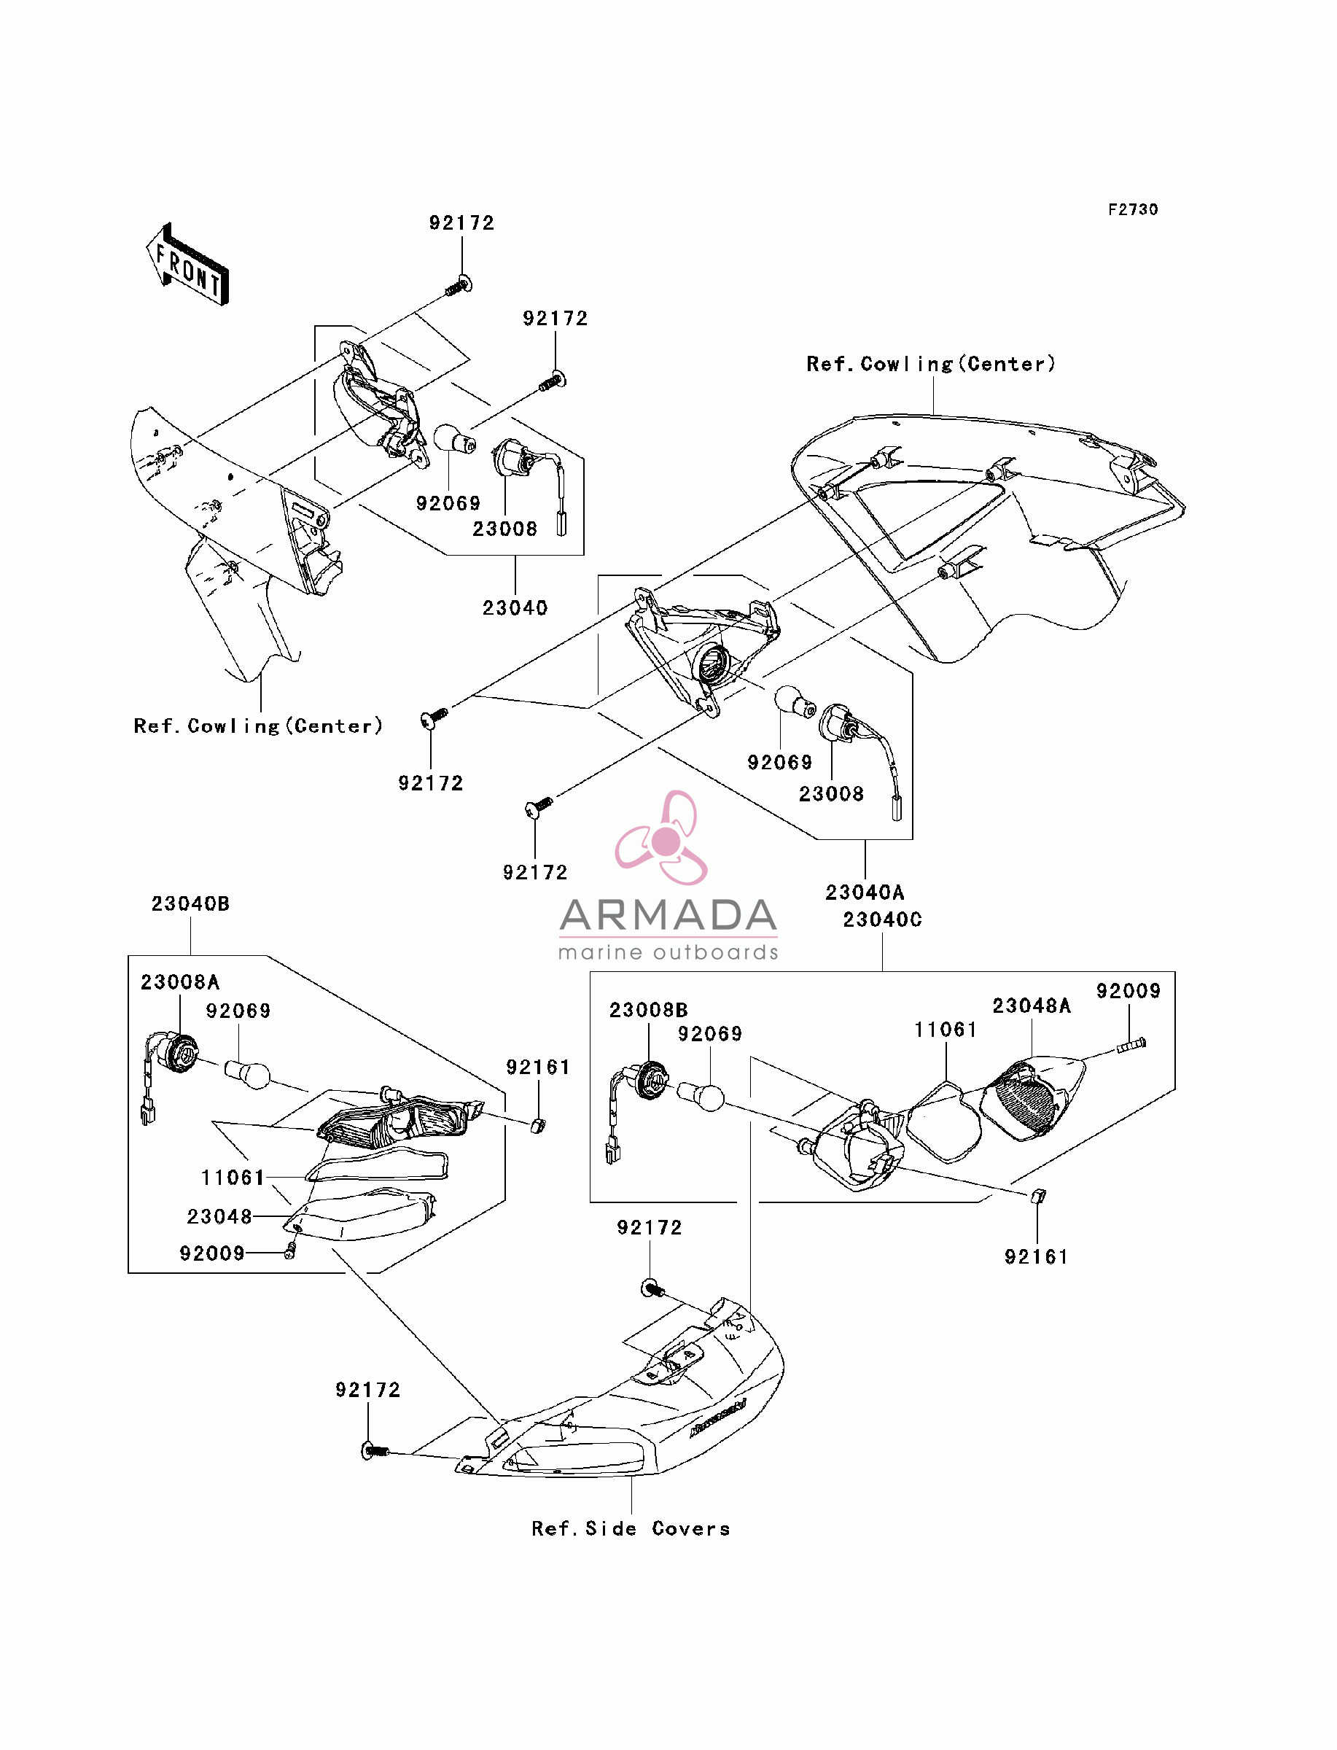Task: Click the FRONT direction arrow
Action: coord(188,264)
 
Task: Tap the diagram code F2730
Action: coord(1134,209)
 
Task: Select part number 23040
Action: coord(515,608)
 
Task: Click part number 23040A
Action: coord(865,892)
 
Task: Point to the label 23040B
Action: coord(190,903)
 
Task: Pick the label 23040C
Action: coord(883,919)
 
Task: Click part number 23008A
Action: coord(180,982)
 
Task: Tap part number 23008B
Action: coord(649,1010)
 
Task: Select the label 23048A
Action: coord(1032,1006)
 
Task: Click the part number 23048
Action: coord(219,1217)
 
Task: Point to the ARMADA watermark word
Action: coord(668,915)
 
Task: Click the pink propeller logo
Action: coord(662,837)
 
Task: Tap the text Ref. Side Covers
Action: coord(631,1529)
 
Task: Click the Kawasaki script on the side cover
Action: coord(718,1418)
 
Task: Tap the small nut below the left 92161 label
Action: coord(538,1125)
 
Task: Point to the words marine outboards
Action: coord(668,952)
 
